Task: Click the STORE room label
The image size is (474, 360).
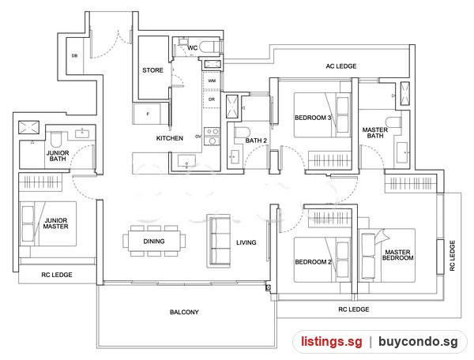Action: (152, 70)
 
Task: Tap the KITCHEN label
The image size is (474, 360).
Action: (170, 138)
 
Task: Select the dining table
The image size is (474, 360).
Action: (154, 241)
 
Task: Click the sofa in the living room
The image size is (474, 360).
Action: (218, 241)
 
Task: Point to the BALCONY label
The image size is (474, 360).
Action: (184, 312)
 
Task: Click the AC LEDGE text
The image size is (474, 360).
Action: (341, 66)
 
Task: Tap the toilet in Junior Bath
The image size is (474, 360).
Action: (56, 139)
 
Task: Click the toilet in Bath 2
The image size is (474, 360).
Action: (243, 133)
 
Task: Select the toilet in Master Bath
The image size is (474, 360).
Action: (394, 122)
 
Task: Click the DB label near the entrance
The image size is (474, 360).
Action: (74, 55)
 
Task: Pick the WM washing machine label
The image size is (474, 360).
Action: (212, 81)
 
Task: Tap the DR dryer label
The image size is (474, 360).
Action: (212, 99)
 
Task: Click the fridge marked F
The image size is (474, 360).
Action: (148, 114)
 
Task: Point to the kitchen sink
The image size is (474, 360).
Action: (186, 161)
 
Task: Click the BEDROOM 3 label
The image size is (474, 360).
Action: (313, 118)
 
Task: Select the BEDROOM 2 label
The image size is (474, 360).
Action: (313, 262)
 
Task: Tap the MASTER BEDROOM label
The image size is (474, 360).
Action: (397, 254)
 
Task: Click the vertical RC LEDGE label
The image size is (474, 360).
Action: (452, 256)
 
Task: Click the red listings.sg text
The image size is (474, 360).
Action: (332, 342)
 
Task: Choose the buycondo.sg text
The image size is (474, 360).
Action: (418, 342)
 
